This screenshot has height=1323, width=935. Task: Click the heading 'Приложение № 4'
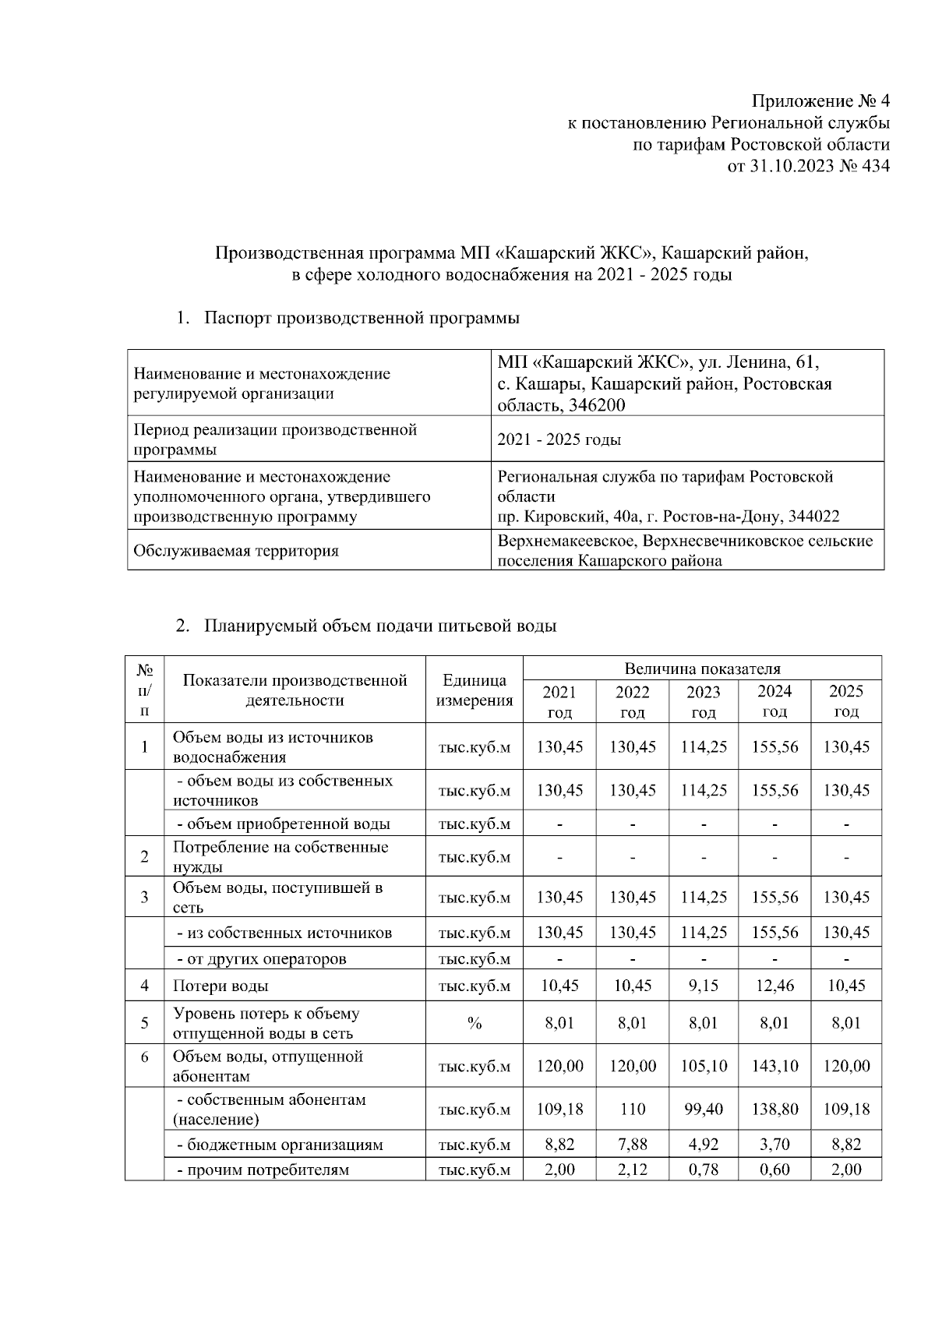click(820, 102)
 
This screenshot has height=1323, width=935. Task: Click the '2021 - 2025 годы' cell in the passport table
click(559, 439)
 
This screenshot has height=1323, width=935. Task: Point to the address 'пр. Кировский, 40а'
click(576, 517)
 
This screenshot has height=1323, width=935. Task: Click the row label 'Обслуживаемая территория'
click(236, 551)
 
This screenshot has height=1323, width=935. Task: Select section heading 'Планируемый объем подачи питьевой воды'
click(380, 626)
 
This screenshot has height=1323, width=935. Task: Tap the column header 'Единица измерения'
click(474, 690)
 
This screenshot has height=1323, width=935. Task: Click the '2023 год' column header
click(703, 701)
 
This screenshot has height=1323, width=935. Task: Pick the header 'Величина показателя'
click(702, 669)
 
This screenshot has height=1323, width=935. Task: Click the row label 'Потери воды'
click(221, 986)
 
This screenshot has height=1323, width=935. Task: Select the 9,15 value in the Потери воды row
click(703, 986)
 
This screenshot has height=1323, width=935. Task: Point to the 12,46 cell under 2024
click(774, 986)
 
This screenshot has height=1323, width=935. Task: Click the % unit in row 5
click(474, 1023)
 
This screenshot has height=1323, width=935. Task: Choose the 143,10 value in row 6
click(774, 1066)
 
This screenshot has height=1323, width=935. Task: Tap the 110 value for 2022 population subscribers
click(632, 1109)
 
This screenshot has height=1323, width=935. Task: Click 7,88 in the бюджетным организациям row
click(632, 1145)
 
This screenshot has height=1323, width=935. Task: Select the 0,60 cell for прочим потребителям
click(774, 1170)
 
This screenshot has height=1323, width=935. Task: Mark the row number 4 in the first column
click(145, 986)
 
